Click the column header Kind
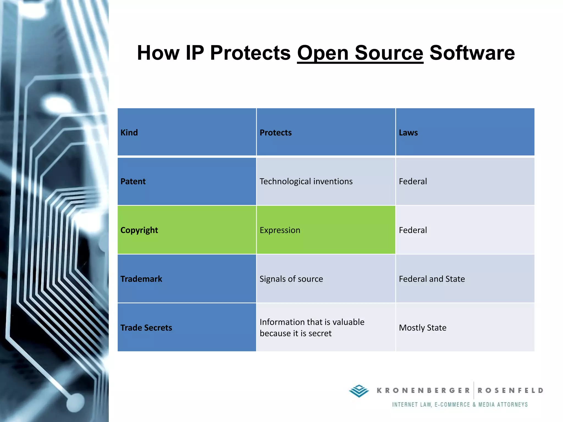(129, 132)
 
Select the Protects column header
(275, 132)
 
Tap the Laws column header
(408, 132)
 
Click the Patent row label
(133, 181)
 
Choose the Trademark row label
(141, 279)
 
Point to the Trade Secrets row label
(146, 327)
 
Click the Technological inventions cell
(306, 181)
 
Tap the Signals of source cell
(291, 279)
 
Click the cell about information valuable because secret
(312, 327)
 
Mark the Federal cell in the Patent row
(413, 181)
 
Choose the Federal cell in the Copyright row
(413, 230)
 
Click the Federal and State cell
(432, 279)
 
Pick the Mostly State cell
(423, 327)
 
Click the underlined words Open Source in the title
(360, 53)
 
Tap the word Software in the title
(472, 53)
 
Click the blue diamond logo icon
(359, 391)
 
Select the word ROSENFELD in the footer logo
(510, 390)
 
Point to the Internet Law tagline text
(460, 404)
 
